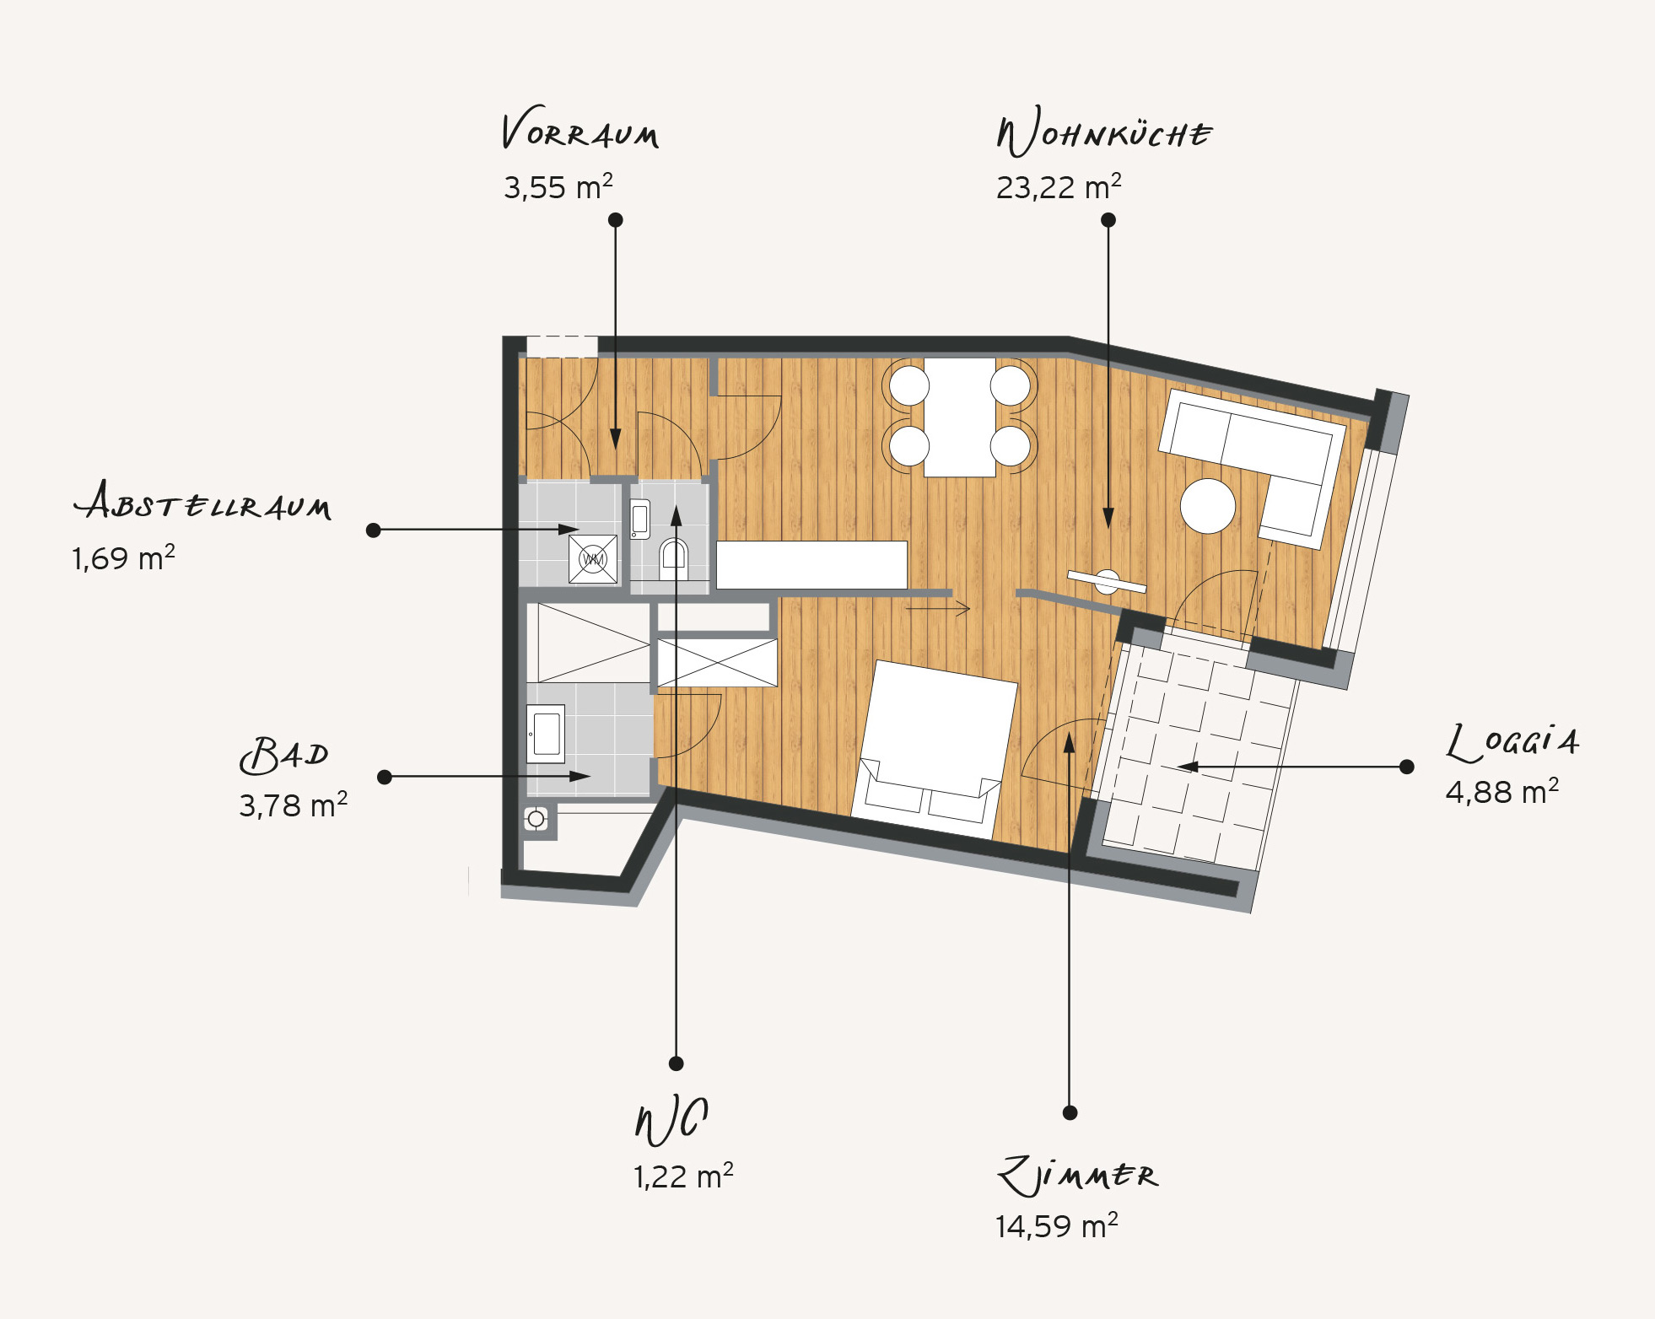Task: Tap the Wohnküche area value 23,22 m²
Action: tap(1059, 186)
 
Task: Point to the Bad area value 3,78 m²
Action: tap(293, 805)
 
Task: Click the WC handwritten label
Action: tap(671, 1121)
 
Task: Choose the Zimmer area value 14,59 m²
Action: tap(1056, 1225)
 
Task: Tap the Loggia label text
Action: tap(1512, 741)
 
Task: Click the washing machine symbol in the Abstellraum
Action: tap(593, 558)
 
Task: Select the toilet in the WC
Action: tap(673, 558)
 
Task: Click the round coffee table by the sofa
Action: tap(1208, 506)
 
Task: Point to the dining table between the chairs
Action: tap(960, 417)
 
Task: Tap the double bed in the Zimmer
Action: tap(935, 749)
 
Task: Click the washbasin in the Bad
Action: tap(546, 734)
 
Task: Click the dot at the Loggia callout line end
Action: tap(1406, 767)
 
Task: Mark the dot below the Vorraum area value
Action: tap(616, 219)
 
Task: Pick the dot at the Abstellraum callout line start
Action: tap(374, 530)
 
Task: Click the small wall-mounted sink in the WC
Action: tap(640, 519)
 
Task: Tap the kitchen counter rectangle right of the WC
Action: tap(811, 564)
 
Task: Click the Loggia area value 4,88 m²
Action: tap(1501, 792)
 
